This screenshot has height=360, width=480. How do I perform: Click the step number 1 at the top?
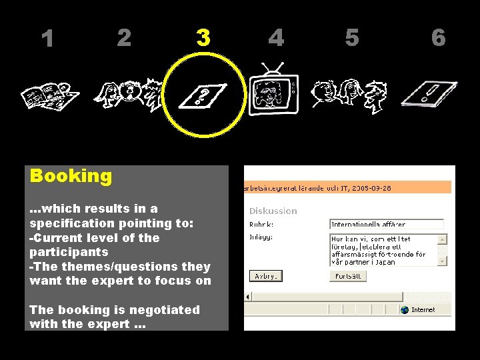[47, 39]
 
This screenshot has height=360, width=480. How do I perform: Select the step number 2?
[124, 37]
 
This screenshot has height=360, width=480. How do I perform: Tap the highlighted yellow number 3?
[203, 37]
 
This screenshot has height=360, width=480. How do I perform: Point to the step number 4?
[276, 37]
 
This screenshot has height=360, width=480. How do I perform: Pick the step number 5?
[352, 37]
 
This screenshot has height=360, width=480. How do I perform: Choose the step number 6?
[438, 37]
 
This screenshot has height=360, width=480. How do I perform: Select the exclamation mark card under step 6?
[429, 93]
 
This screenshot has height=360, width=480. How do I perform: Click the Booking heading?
[71, 176]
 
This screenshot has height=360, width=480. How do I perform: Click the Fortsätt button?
[347, 276]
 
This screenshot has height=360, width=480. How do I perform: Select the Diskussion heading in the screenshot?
[273, 211]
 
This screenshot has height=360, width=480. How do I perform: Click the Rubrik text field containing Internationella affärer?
[386, 225]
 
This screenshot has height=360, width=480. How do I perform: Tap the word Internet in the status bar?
[423, 309]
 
